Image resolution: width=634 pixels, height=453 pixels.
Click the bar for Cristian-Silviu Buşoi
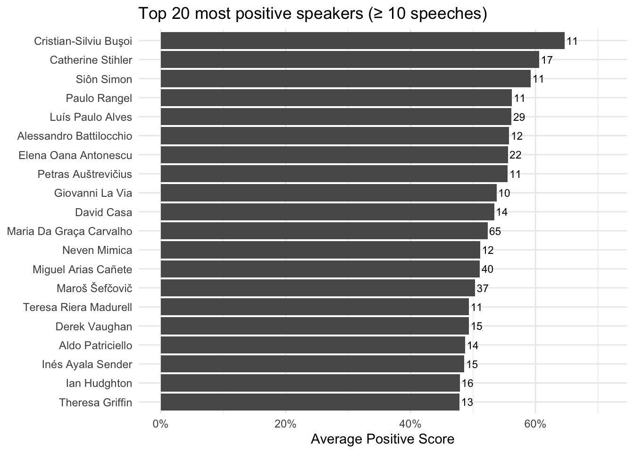(x=362, y=41)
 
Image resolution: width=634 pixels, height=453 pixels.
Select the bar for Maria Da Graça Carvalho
(x=324, y=231)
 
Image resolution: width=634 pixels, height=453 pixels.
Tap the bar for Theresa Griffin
(x=310, y=403)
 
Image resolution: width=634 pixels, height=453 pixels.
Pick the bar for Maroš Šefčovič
(x=318, y=288)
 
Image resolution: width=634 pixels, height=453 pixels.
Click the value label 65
(x=495, y=231)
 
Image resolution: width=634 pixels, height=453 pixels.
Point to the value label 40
(x=487, y=269)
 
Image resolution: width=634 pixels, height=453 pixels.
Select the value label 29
(x=519, y=117)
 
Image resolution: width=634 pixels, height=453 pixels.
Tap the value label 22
(x=515, y=155)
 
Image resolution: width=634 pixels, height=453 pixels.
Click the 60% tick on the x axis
(x=535, y=424)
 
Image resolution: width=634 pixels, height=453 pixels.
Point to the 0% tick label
(x=161, y=424)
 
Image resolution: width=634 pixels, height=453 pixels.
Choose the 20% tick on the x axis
(x=285, y=424)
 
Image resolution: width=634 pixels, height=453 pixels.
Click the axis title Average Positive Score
(x=383, y=439)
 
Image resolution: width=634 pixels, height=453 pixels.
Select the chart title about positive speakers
(x=312, y=14)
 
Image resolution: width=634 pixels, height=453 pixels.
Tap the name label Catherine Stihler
(x=91, y=60)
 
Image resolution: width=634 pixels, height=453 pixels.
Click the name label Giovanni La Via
(x=93, y=193)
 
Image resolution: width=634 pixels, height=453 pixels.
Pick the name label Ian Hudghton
(x=99, y=383)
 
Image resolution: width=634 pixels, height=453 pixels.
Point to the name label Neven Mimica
(x=97, y=250)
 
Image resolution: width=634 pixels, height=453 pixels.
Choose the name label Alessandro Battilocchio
(x=75, y=136)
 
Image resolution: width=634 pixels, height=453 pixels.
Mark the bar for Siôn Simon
(x=345, y=79)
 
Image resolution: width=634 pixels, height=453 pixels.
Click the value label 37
(x=483, y=288)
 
